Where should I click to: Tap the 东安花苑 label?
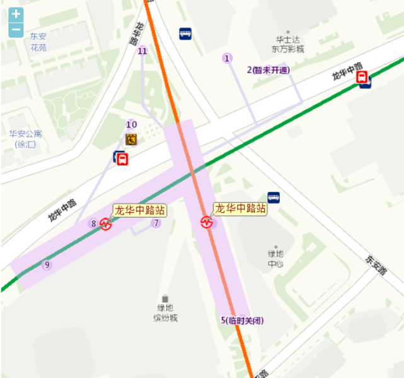38,42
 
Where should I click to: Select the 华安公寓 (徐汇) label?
25,139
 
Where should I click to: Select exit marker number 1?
226,59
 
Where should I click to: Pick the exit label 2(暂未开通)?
267,70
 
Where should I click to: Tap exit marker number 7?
156,222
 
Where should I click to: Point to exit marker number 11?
142,51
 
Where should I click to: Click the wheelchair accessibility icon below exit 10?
131,139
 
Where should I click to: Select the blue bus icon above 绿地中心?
274,197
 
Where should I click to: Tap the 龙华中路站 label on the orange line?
239,208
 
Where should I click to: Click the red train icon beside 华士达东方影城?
362,77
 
